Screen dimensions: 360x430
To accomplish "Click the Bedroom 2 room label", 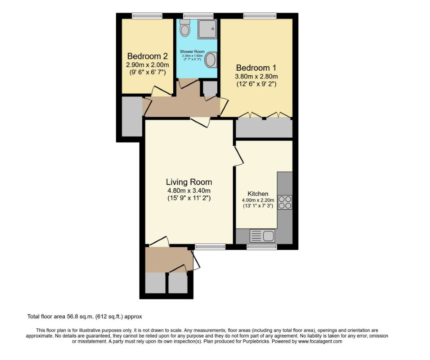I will tap(147, 57).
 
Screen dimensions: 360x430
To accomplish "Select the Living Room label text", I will tap(188, 182).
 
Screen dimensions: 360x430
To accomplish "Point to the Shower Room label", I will tap(192, 52).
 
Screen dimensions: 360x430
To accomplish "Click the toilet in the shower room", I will tap(184, 28).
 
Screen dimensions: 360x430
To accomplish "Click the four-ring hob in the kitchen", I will tap(285, 202).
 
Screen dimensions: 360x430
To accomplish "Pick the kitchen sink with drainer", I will tap(262, 235).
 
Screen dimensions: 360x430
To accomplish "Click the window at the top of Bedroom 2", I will tap(147, 16).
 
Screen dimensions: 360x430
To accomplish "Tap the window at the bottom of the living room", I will tap(210, 246).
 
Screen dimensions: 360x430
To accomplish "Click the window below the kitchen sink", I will tap(261, 246).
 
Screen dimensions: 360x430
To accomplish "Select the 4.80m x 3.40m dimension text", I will tap(188, 190).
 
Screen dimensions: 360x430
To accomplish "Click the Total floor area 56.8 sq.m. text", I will tap(85, 316).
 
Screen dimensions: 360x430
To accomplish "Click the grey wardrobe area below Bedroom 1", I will tap(264, 129).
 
